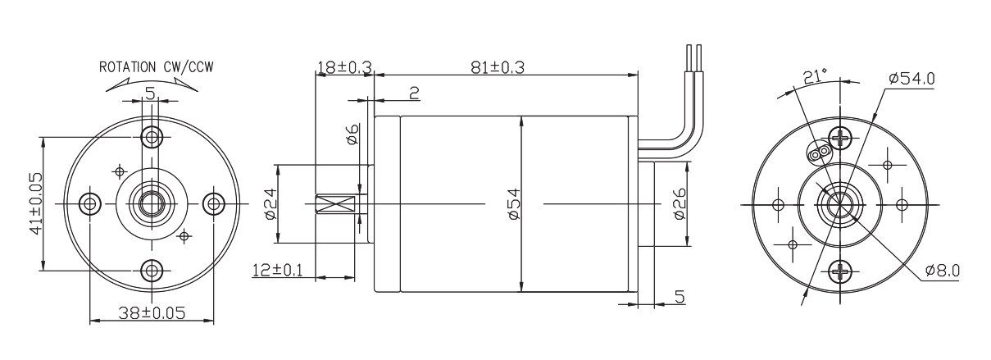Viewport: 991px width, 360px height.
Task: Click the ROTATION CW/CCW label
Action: pyautogui.click(x=152, y=66)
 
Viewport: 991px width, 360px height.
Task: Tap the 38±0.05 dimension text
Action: pyautogui.click(x=151, y=312)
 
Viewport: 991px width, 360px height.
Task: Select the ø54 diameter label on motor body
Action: pyautogui.click(x=514, y=203)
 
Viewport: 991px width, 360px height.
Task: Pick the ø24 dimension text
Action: pyautogui.click(x=270, y=203)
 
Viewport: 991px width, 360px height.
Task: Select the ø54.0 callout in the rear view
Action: pyautogui.click(x=911, y=79)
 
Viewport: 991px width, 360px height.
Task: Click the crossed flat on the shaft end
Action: pyautogui.click(x=338, y=203)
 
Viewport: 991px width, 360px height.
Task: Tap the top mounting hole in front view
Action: pyautogui.click(x=152, y=135)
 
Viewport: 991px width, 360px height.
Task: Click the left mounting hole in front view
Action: pyautogui.click(x=89, y=203)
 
